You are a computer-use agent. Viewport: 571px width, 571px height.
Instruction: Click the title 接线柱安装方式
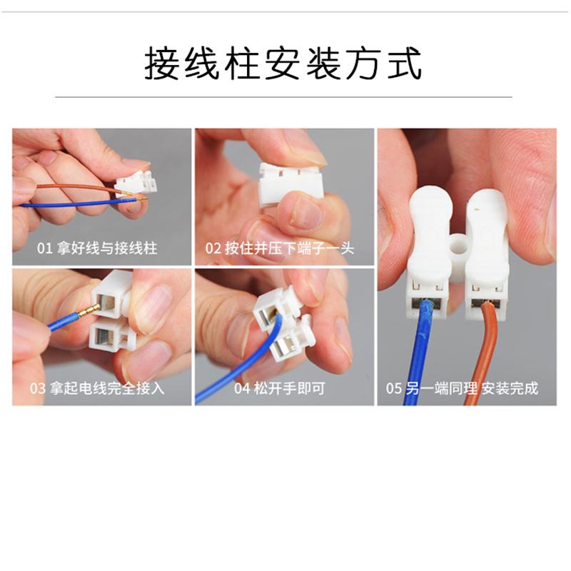[284, 64]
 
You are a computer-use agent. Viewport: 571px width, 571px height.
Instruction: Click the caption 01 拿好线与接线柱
[97, 248]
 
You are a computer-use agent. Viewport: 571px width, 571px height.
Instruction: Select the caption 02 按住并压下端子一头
[280, 248]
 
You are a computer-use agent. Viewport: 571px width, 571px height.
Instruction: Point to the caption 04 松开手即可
[280, 388]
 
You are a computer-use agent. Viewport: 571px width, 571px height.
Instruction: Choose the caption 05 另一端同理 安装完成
[462, 388]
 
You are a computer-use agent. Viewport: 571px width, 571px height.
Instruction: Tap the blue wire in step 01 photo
[71, 204]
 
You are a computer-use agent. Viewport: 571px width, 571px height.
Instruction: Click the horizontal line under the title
[284, 96]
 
